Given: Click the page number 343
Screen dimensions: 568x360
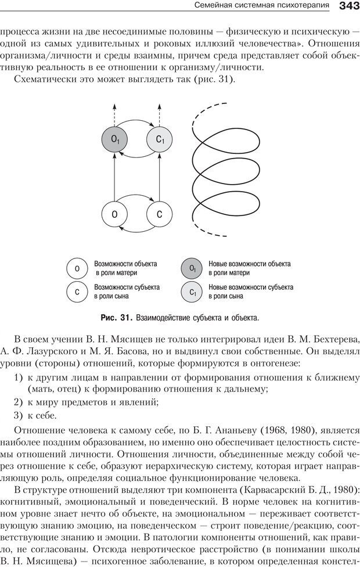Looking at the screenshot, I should tap(347, 6).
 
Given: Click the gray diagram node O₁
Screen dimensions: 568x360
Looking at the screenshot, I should tap(115, 139).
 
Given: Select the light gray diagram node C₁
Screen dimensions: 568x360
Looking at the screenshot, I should tap(160, 139).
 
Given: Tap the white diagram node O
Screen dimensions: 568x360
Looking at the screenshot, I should tap(115, 214).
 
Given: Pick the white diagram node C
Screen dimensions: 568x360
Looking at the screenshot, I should tap(160, 214).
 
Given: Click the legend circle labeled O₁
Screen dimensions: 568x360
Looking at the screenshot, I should tap(192, 268).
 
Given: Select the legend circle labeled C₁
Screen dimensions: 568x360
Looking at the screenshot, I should tap(192, 292).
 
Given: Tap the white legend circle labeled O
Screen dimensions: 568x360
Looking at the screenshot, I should tap(77, 268).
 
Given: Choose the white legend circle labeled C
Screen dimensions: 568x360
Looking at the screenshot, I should tap(77, 292).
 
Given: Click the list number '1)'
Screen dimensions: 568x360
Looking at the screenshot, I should tap(18, 378).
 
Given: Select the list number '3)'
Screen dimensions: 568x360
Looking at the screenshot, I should tap(18, 415).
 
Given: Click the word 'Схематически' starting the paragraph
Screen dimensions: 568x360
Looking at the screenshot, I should tap(48, 80).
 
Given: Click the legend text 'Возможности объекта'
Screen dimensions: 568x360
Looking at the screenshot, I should tap(125, 264).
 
